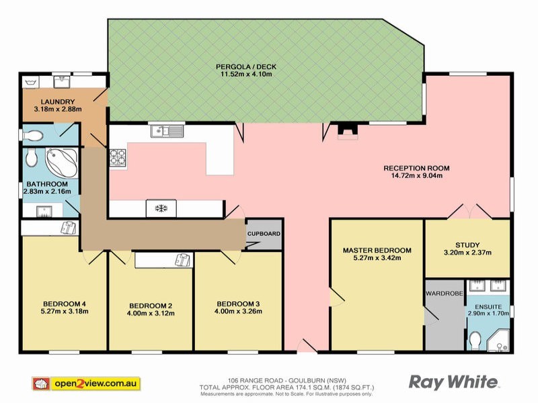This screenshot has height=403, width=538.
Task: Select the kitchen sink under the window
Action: pyautogui.click(x=167, y=131)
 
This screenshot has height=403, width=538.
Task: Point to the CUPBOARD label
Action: pyautogui.click(x=264, y=234)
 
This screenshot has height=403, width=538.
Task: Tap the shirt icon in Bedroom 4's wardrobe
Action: pyautogui.click(x=68, y=228)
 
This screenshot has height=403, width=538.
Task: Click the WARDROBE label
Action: pyautogui.click(x=443, y=293)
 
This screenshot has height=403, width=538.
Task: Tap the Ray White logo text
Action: pyautogui.click(x=454, y=382)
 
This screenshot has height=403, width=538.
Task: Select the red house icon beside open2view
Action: pyautogui.click(x=40, y=383)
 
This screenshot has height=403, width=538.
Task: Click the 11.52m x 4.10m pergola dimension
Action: pyautogui.click(x=246, y=75)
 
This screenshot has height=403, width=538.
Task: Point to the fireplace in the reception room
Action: pyautogui.click(x=346, y=132)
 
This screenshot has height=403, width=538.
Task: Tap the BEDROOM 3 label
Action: pyautogui.click(x=237, y=304)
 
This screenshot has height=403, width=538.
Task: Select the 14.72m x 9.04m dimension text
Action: pyautogui.click(x=416, y=176)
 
